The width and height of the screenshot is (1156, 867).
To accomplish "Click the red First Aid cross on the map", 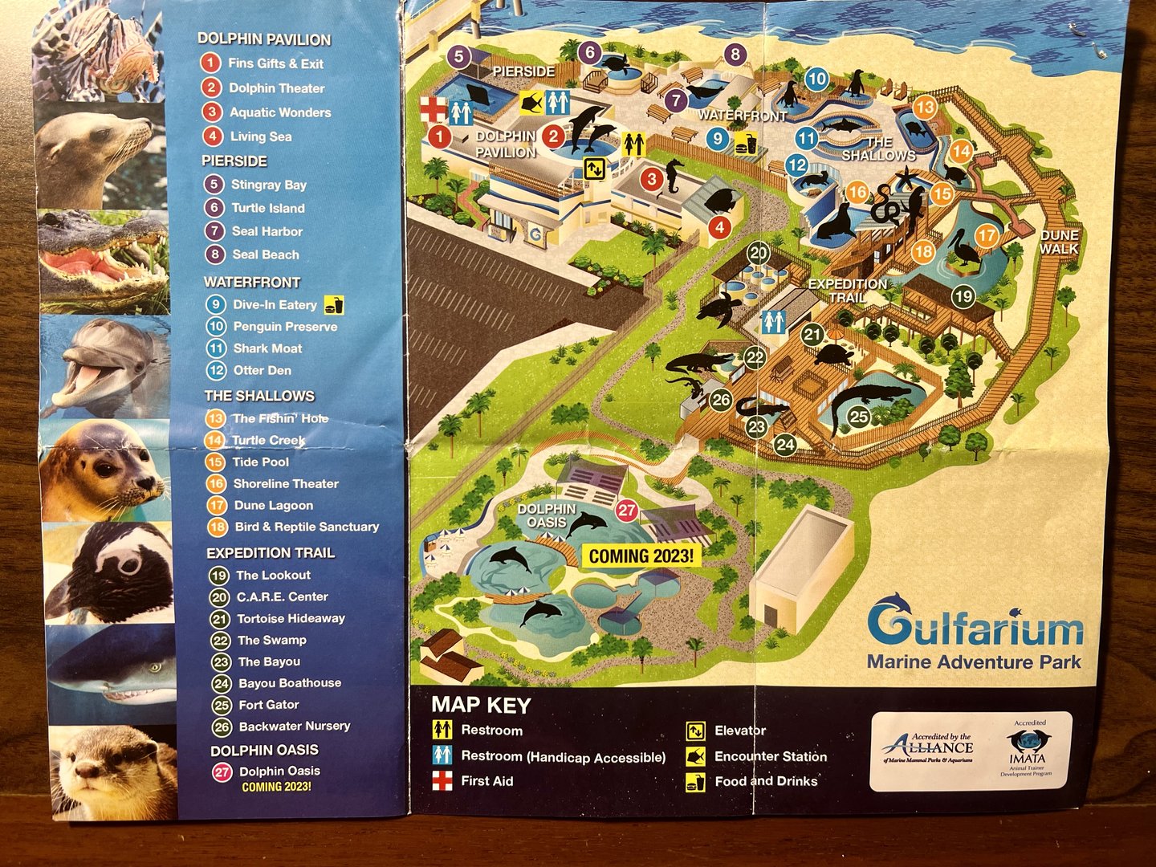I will pyautogui.click(x=433, y=109).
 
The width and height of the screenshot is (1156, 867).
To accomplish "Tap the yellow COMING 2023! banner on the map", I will pyautogui.click(x=641, y=556).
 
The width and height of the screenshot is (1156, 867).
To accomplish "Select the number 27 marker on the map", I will pyautogui.click(x=627, y=511).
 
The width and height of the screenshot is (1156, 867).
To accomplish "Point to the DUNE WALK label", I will pyautogui.click(x=1059, y=242).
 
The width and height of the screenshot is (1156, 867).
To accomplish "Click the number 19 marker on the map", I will pyautogui.click(x=963, y=296).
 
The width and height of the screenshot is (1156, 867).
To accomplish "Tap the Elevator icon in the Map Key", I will pyautogui.click(x=695, y=731).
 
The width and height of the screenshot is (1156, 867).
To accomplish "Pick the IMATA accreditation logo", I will pyautogui.click(x=1028, y=750).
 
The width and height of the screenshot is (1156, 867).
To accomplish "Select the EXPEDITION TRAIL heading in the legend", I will pyautogui.click(x=271, y=553).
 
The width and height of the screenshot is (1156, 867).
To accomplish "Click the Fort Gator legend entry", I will pyautogui.click(x=268, y=705).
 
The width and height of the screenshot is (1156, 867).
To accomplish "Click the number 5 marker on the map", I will pyautogui.click(x=458, y=56).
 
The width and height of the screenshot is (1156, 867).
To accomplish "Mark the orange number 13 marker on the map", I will pyautogui.click(x=925, y=107).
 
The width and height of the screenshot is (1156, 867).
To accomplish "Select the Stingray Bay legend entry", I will pyautogui.click(x=268, y=185).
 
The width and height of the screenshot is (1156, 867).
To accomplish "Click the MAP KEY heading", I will pyautogui.click(x=481, y=705).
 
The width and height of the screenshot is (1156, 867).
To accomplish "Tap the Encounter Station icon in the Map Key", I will pyautogui.click(x=695, y=756).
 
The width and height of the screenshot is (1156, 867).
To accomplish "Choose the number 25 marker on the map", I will pyautogui.click(x=859, y=416).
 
